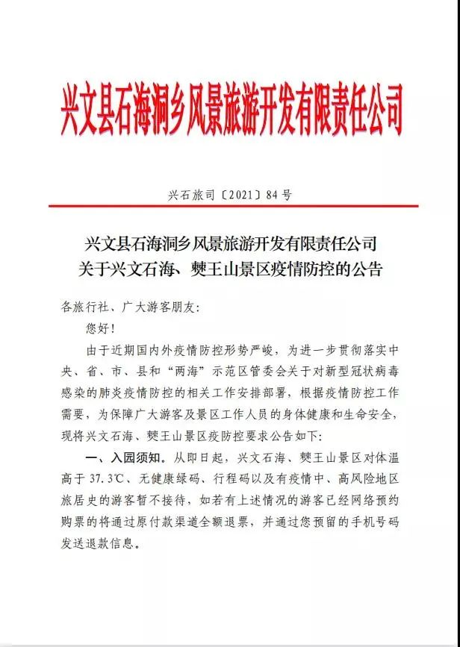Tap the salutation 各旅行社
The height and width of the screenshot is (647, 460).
84,306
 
